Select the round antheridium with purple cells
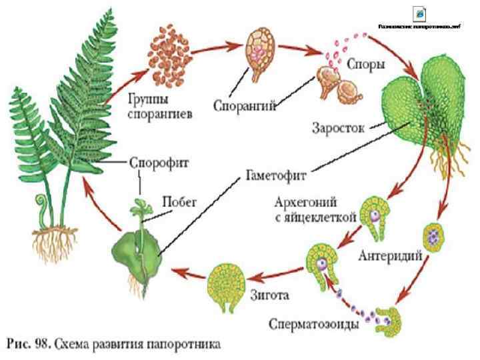coord(435,235)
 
